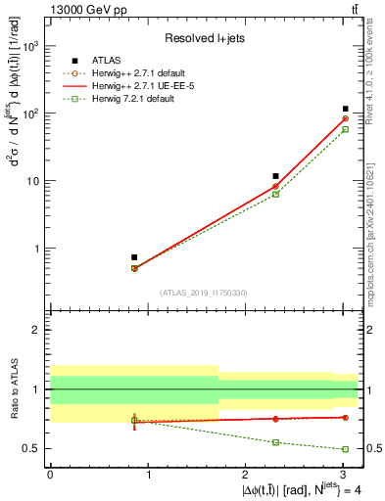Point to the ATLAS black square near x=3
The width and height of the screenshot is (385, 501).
[x=346, y=109]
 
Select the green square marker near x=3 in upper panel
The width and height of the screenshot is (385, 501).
[x=346, y=129]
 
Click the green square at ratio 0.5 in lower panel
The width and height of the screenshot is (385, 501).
[x=346, y=449]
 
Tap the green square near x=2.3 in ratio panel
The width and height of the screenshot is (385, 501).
[x=276, y=442]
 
